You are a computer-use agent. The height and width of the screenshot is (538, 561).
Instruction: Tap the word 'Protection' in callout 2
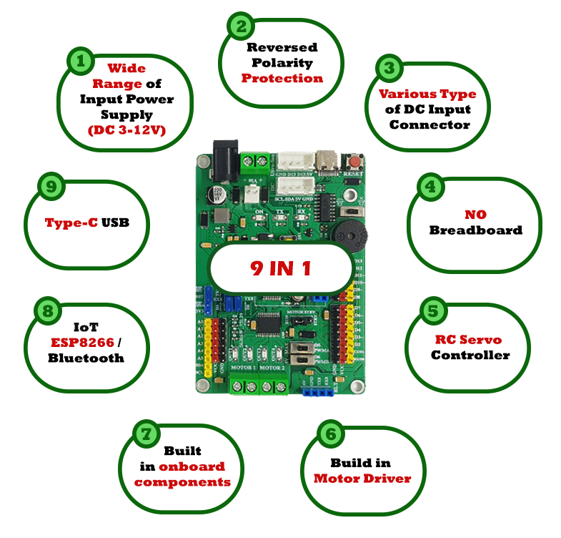click(x=282, y=78)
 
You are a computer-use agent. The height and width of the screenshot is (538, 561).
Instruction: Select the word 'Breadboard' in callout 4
click(x=476, y=230)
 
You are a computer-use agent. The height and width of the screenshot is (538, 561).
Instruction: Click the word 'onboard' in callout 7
click(x=192, y=466)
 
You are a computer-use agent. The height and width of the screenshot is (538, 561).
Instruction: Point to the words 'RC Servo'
click(x=468, y=339)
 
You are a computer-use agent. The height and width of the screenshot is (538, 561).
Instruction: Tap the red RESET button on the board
click(x=352, y=160)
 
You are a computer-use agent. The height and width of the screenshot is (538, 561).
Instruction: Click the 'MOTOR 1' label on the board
click(x=244, y=368)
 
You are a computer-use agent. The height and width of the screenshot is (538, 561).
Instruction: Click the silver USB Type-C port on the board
click(x=329, y=161)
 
